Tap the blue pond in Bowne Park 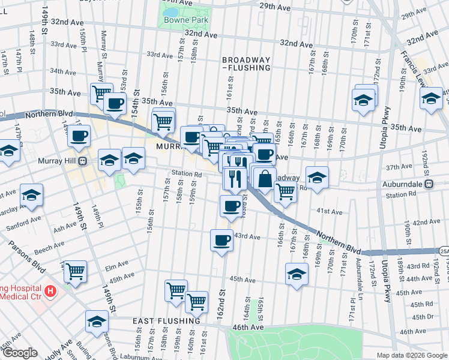pyautogui.click(x=170, y=11)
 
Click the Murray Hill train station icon pyautogui.click(x=84, y=161)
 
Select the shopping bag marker pyautogui.click(x=265, y=178)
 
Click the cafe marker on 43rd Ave pyautogui.click(x=221, y=240)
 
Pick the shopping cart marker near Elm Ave pyautogui.click(x=75, y=271)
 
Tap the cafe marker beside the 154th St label pyautogui.click(x=115, y=103)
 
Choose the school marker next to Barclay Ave pyautogui.click(x=32, y=195)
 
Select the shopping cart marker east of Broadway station pyautogui.click(x=286, y=191)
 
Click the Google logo pyautogui.click(x=19, y=353)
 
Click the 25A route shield pyautogui.click(x=443, y=251)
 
